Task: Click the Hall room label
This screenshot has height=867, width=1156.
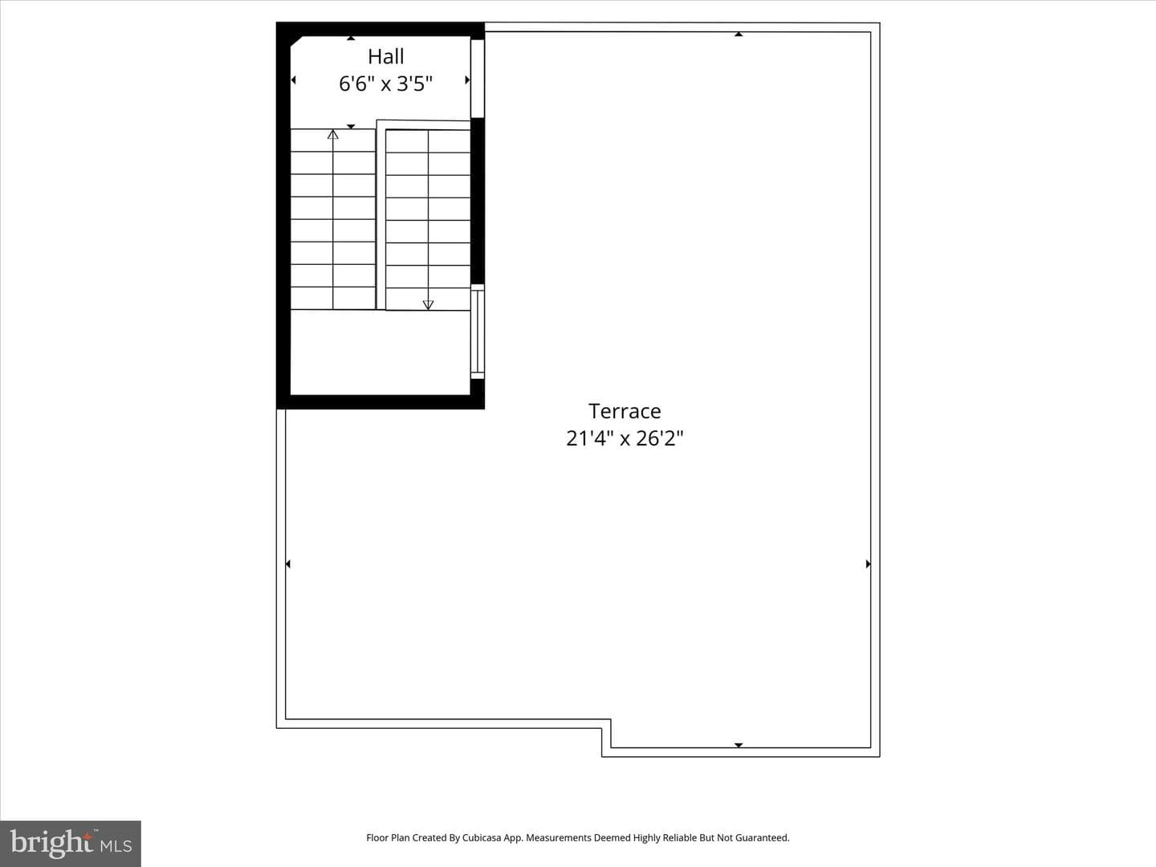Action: tap(385, 56)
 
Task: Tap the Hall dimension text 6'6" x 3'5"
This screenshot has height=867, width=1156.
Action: tap(385, 83)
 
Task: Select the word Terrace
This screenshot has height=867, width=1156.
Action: tap(625, 411)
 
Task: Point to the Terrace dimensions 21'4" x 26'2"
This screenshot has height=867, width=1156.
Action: tap(625, 438)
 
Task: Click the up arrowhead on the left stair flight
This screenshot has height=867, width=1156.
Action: tap(333, 134)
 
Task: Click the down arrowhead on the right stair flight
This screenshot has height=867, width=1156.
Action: tap(428, 305)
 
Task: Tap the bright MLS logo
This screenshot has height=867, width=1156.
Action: tap(71, 844)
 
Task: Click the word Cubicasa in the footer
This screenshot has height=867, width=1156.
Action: tap(482, 837)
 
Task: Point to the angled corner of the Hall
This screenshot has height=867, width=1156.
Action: tap(296, 42)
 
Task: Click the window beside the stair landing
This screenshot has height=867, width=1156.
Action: tap(477, 331)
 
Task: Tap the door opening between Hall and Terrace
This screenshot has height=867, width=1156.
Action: tap(477, 79)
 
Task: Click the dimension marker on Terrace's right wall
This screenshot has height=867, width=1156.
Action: tap(868, 564)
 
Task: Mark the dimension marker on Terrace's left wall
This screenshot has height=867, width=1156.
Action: tap(288, 564)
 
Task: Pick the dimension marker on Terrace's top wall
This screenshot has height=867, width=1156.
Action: tap(739, 35)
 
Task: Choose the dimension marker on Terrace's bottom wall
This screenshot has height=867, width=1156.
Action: tap(739, 745)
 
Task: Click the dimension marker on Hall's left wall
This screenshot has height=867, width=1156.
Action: tap(294, 80)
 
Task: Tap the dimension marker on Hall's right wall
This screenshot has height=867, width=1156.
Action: tap(467, 80)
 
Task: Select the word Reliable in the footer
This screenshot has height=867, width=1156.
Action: tap(679, 837)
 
